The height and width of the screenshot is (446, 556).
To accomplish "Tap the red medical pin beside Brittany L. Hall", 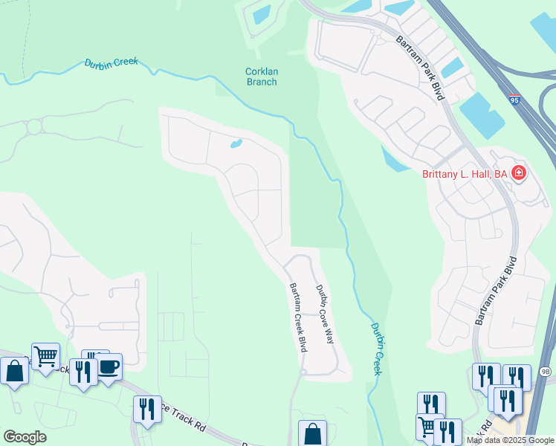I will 519,175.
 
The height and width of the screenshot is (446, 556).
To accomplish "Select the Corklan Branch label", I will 261,77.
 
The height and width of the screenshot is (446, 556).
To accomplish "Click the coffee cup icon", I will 109,366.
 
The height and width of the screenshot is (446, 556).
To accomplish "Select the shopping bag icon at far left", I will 14,369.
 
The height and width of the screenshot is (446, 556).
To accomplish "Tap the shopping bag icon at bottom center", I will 312,433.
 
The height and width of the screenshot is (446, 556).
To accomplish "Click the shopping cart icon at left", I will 45,357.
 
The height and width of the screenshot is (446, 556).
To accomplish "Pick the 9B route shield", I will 546,371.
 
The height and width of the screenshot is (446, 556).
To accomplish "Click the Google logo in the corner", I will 25,437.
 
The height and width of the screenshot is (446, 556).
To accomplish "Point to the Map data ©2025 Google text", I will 510,440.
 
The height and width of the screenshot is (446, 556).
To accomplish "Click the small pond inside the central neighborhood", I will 236,143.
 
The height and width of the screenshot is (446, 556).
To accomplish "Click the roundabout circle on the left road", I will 34,127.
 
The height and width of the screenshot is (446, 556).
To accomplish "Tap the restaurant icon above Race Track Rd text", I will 147,410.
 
